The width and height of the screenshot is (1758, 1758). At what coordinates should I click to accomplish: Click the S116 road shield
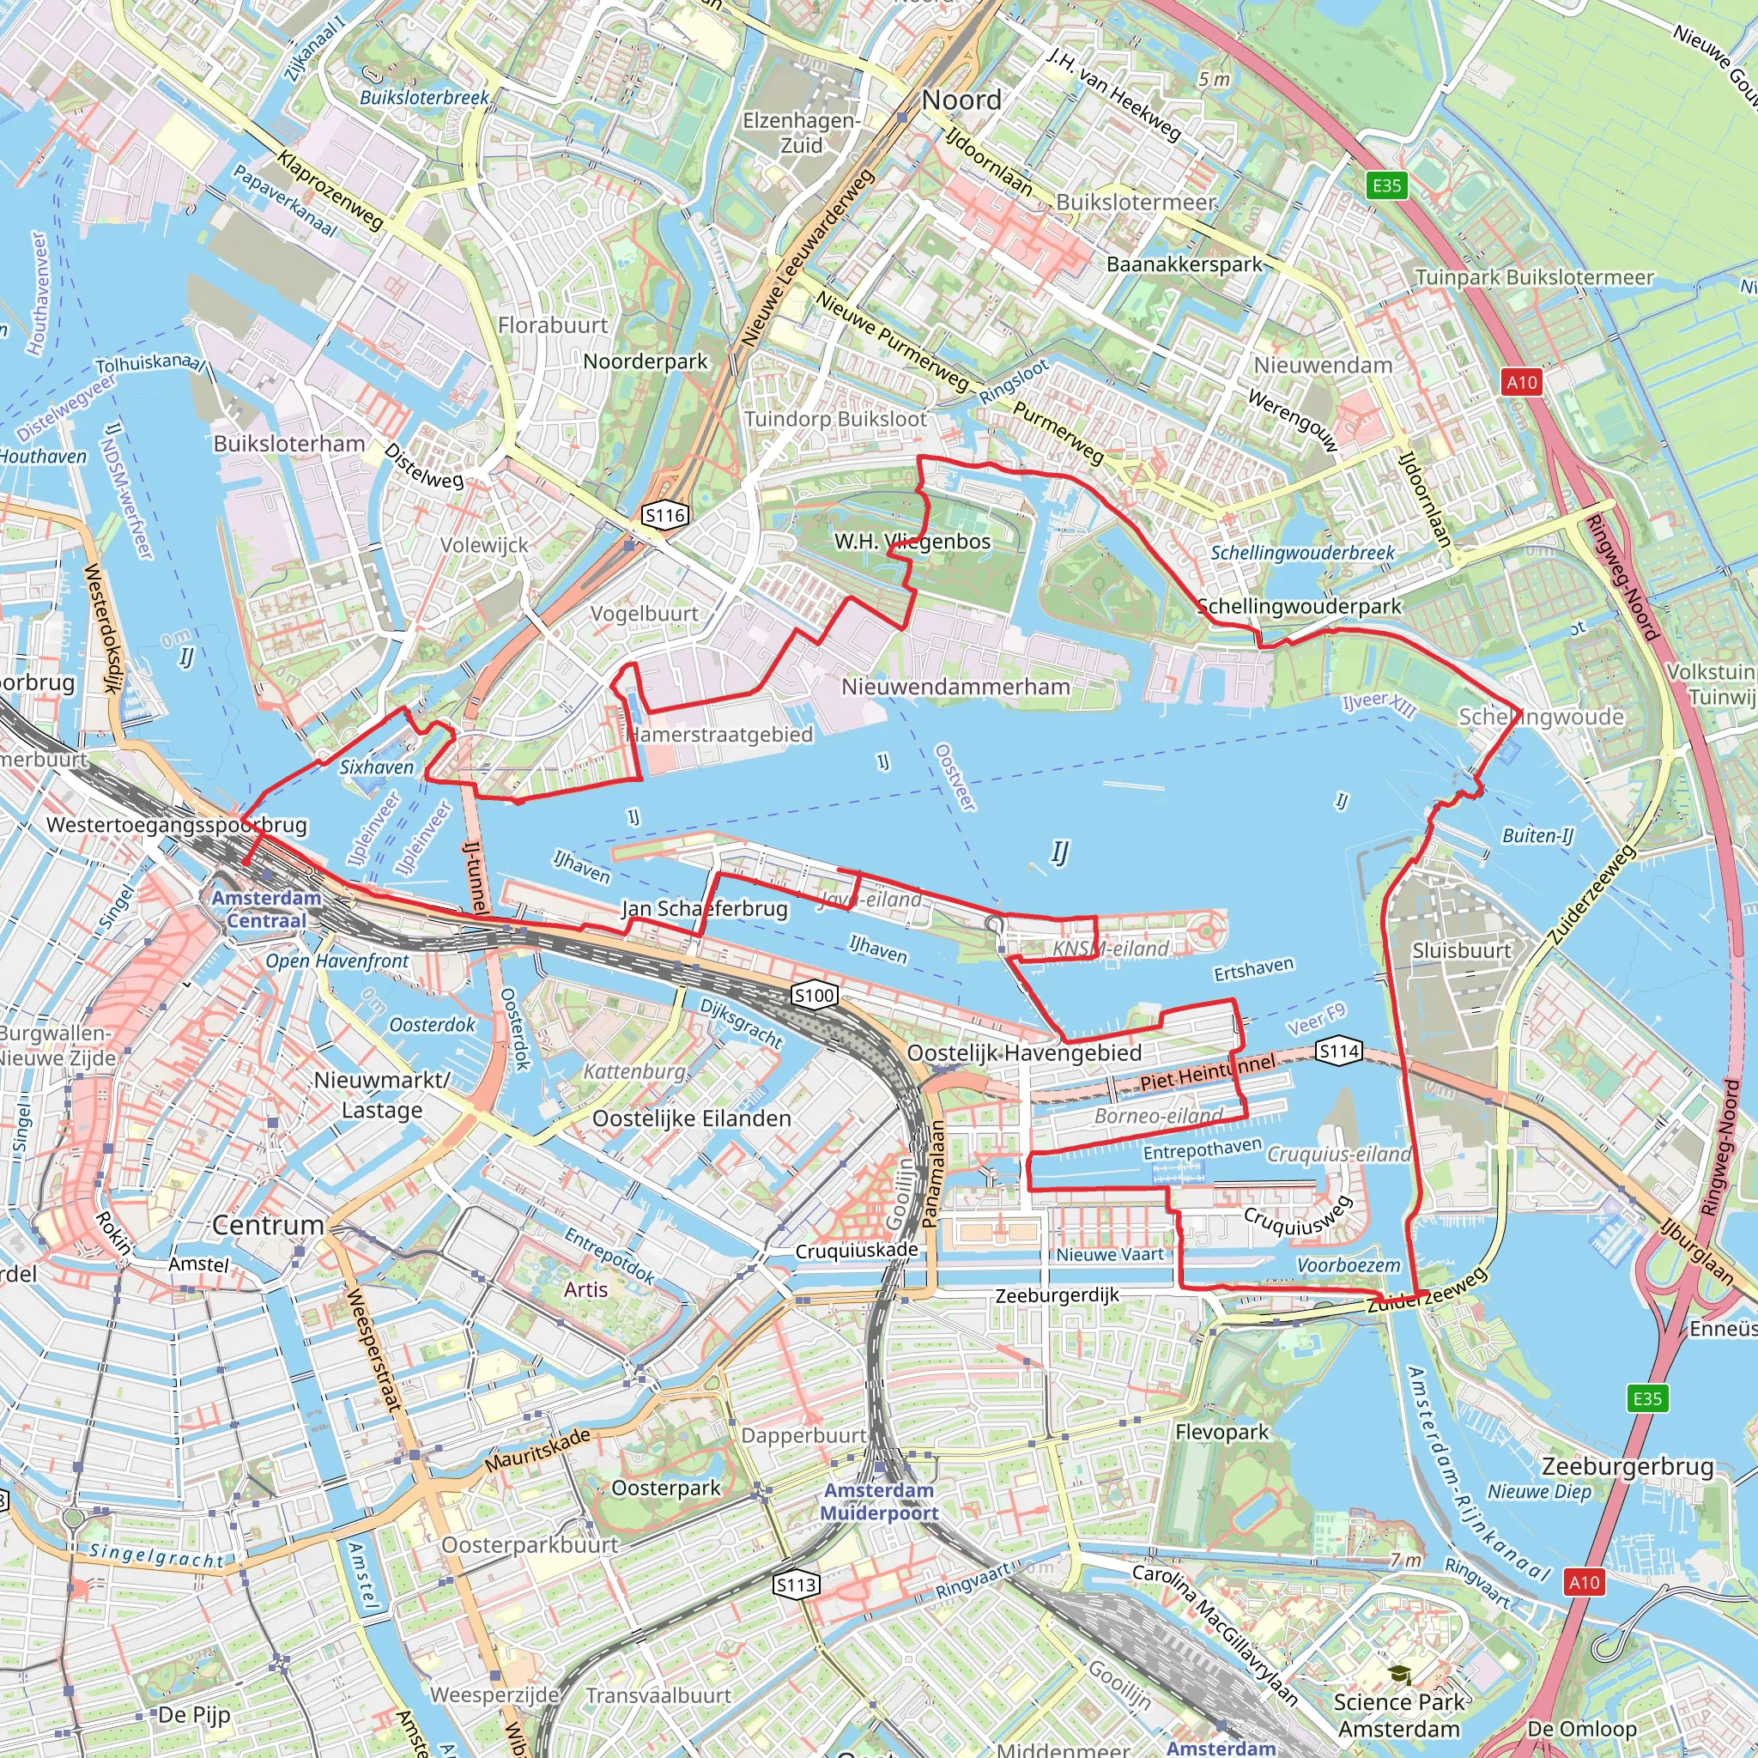tap(664, 515)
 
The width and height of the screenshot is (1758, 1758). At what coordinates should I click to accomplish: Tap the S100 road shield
tap(814, 995)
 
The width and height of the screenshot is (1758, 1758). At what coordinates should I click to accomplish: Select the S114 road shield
tap(1338, 1052)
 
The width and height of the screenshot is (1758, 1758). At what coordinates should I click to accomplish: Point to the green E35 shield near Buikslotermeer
tap(1387, 185)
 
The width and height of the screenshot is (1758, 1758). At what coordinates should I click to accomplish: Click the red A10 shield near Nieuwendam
tap(1521, 382)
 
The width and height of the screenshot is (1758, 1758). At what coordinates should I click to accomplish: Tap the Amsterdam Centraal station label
tap(266, 909)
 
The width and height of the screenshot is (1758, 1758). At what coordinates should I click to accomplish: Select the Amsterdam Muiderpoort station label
tap(879, 1501)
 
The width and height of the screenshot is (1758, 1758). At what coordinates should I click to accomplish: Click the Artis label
tap(585, 1289)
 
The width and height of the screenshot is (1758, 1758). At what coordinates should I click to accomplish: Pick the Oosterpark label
tap(665, 1488)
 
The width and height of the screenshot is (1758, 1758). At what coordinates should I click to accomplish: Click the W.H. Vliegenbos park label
tap(912, 542)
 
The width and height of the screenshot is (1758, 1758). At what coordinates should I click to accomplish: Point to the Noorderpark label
tap(646, 361)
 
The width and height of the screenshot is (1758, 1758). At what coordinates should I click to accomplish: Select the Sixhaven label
tap(377, 767)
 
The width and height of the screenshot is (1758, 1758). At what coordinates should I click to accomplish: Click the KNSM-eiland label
tap(1110, 949)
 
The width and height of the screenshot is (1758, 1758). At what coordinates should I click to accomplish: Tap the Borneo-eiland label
tap(1158, 1116)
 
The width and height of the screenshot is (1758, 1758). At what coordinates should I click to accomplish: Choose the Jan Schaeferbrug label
tap(704, 908)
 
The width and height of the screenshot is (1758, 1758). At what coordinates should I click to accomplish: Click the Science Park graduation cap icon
tap(1399, 1674)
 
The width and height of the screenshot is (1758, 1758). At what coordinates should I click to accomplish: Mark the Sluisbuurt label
tap(1461, 951)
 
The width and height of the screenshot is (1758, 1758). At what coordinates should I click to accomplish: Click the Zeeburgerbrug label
tap(1627, 1467)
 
